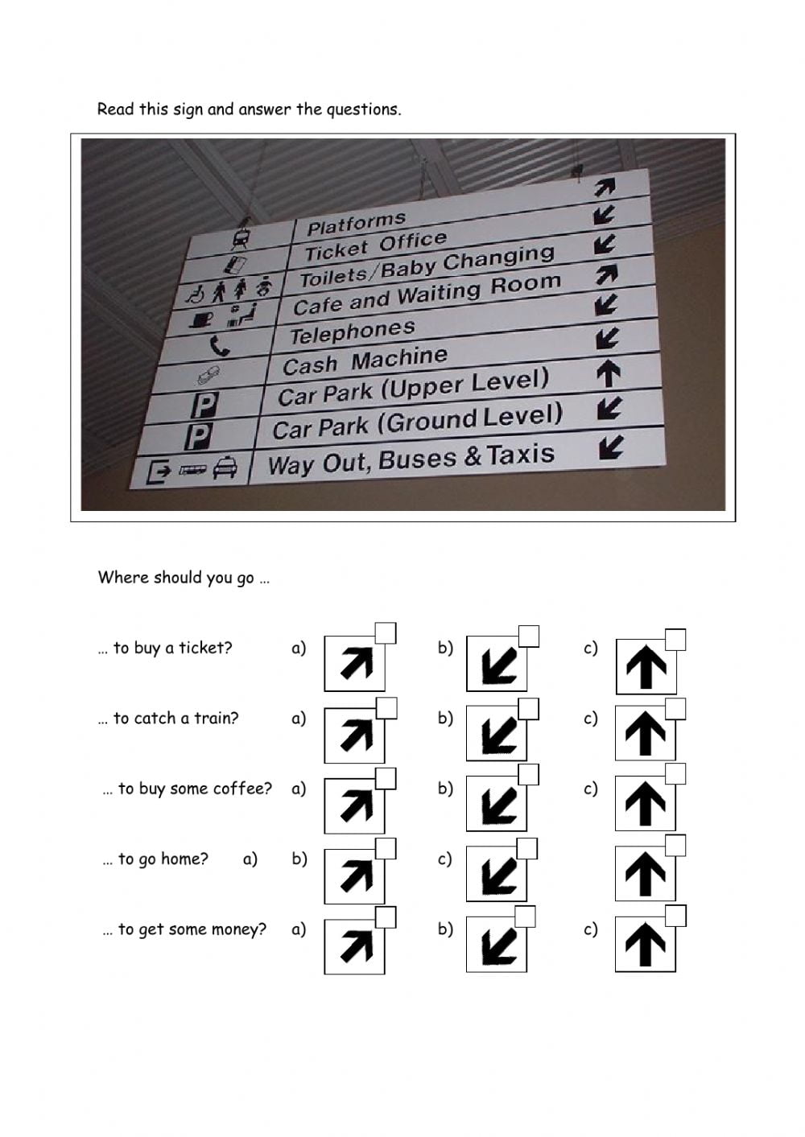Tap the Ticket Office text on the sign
click(375, 246)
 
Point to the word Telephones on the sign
click(352, 332)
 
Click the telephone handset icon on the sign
click(219, 346)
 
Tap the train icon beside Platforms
click(240, 238)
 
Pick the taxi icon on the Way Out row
click(225, 468)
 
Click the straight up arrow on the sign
click(609, 373)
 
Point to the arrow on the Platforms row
click(604, 187)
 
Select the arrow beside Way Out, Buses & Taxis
click(611, 447)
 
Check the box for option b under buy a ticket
click(528, 636)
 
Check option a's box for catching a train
click(386, 708)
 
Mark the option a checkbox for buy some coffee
click(386, 778)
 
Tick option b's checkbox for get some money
click(525, 917)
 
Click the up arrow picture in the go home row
click(646, 874)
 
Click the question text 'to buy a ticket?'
click(172, 648)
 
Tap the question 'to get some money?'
click(192, 929)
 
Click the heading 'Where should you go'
click(176, 577)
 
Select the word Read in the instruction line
click(115, 109)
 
